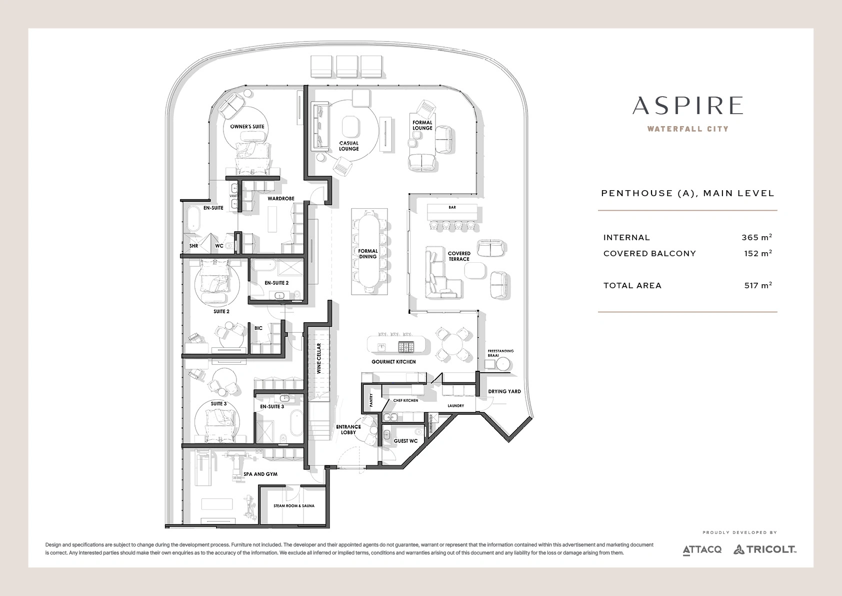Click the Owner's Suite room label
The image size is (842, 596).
(247, 127)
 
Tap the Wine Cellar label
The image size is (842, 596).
(319, 358)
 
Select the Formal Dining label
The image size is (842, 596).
(367, 254)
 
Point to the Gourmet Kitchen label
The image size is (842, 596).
(393, 362)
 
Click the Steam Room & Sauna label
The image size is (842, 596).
(293, 506)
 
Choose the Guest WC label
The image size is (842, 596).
(405, 441)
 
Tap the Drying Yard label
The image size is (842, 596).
(504, 391)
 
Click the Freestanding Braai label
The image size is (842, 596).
(500, 353)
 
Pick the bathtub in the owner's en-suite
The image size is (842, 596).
(193, 219)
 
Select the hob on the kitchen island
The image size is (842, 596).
(406, 346)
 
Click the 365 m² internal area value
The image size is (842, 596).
(756, 237)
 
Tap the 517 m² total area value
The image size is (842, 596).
(758, 285)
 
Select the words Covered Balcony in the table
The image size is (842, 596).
(649, 254)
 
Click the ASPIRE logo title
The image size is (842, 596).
(687, 106)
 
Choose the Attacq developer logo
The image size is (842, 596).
(702, 550)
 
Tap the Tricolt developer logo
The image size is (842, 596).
(765, 549)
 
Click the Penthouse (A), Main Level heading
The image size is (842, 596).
(687, 193)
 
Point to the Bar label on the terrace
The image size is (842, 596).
(452, 207)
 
